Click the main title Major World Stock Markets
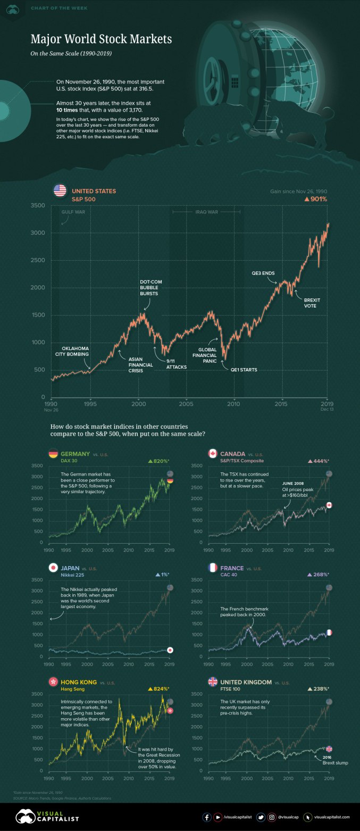(x=101, y=40)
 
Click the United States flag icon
(x=60, y=191)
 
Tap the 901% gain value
(x=316, y=199)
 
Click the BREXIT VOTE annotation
(x=312, y=303)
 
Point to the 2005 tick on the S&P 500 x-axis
(x=186, y=404)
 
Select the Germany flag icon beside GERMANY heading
(x=53, y=453)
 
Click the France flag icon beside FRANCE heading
(x=213, y=568)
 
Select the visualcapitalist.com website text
(x=336, y=817)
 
